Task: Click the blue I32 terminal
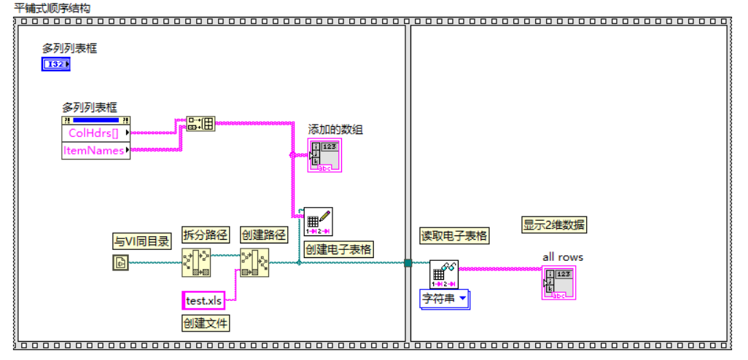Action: point(55,65)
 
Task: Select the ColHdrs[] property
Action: point(93,133)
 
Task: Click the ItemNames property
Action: point(95,150)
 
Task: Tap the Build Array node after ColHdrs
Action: point(201,123)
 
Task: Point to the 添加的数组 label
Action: point(335,130)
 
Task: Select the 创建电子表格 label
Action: point(338,249)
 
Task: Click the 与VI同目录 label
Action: point(142,242)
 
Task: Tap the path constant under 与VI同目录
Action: point(120,263)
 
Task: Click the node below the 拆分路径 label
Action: point(196,263)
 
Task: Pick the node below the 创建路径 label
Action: point(254,263)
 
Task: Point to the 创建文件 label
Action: point(206,323)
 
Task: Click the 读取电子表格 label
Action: point(454,235)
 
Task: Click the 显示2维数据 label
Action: point(554,225)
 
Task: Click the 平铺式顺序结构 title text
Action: point(53,7)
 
